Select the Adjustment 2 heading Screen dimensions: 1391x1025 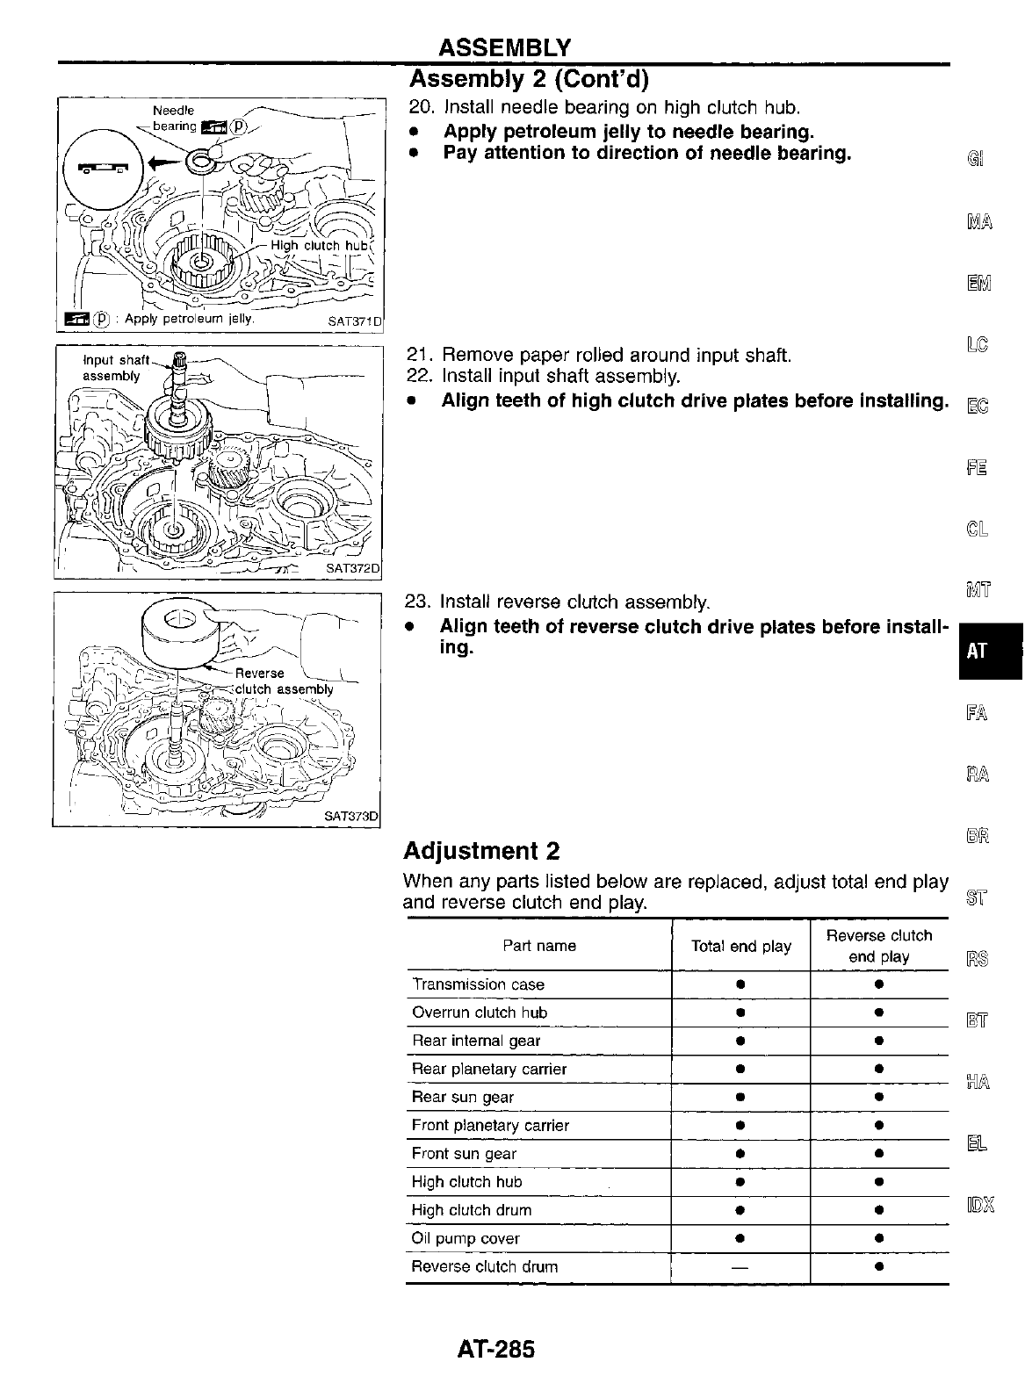(x=481, y=851)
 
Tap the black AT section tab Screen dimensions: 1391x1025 (x=978, y=651)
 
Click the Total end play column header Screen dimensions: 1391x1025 (x=740, y=946)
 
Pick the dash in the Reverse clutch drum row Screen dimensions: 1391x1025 (x=740, y=1266)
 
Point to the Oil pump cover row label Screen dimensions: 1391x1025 (x=466, y=1238)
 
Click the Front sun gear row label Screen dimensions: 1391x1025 (x=464, y=1154)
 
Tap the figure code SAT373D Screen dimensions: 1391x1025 (x=350, y=816)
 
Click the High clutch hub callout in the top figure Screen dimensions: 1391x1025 (x=317, y=246)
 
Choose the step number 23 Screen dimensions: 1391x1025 (x=415, y=602)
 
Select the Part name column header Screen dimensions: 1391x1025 (x=539, y=946)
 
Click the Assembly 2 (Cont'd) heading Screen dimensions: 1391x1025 (x=529, y=80)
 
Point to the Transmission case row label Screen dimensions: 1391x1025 (x=478, y=984)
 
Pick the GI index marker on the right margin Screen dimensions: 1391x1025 (x=976, y=160)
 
